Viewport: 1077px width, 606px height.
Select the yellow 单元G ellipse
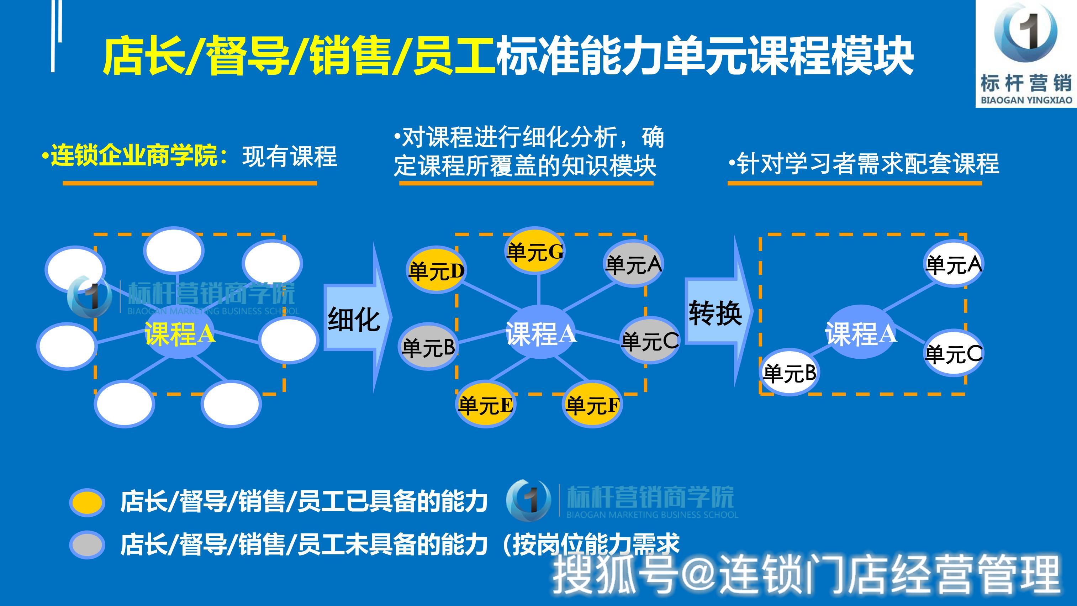click(535, 251)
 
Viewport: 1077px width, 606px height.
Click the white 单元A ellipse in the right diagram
click(953, 263)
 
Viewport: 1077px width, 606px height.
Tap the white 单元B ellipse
click(789, 372)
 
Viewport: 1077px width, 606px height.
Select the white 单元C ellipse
click(953, 353)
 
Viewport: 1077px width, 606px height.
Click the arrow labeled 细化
click(358, 318)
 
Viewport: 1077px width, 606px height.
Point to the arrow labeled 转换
click(719, 312)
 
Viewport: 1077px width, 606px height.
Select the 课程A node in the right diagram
click(861, 332)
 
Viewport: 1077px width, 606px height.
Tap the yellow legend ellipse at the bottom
click(87, 502)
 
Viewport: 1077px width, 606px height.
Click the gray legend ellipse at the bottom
click(87, 545)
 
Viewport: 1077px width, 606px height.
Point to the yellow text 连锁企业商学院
click(134, 156)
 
